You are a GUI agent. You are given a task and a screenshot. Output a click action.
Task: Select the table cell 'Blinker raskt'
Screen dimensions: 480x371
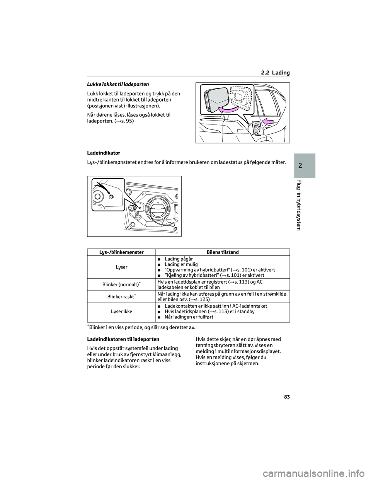click(x=121, y=296)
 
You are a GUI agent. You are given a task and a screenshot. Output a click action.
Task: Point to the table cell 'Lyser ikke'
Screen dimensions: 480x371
click(x=121, y=311)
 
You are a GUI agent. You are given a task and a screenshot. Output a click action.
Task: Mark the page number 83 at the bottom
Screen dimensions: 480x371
click(x=286, y=397)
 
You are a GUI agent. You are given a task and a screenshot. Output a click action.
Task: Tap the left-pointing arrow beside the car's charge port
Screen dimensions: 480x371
click(x=267, y=123)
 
